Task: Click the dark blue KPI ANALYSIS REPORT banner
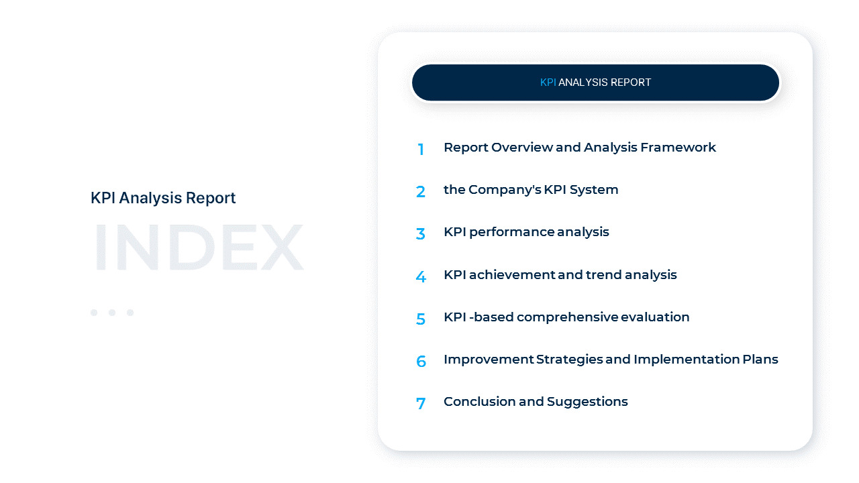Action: pyautogui.click(x=595, y=83)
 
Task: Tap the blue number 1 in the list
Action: pyautogui.click(x=421, y=150)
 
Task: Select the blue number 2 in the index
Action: pyautogui.click(x=421, y=192)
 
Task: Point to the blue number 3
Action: pyautogui.click(x=421, y=234)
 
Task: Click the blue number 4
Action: pyautogui.click(x=421, y=276)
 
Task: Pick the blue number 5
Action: pyautogui.click(x=421, y=319)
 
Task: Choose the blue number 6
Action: pyautogui.click(x=421, y=362)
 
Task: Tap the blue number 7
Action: pyautogui.click(x=421, y=404)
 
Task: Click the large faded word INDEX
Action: pyautogui.click(x=198, y=248)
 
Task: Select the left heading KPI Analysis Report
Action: pyautogui.click(x=163, y=198)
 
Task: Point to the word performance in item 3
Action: pyautogui.click(x=512, y=232)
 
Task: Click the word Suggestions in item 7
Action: pyautogui.click(x=587, y=401)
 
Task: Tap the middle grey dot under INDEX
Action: pyautogui.click(x=112, y=313)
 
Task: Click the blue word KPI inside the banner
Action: pyautogui.click(x=548, y=83)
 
